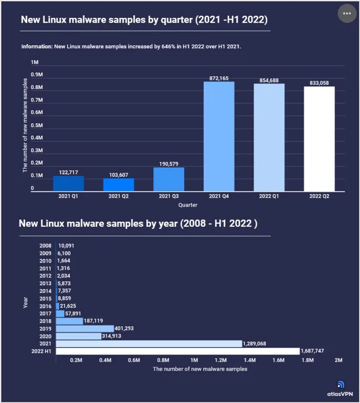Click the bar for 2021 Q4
[x=219, y=136]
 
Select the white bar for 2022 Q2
[x=319, y=139]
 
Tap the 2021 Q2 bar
[x=119, y=185]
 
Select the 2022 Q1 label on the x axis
[x=269, y=196]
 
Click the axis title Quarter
[x=188, y=205]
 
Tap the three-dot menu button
[x=347, y=14]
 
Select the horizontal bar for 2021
[x=149, y=343]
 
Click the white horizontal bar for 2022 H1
[x=178, y=351]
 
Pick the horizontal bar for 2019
[x=85, y=328]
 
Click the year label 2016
[x=45, y=306]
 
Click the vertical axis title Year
[x=26, y=303]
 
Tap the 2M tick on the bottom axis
[x=338, y=360]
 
